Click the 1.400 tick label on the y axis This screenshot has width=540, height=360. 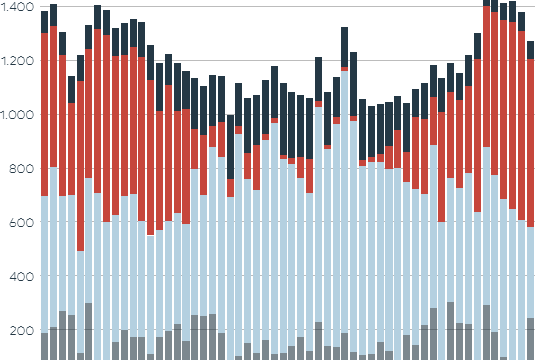[18, 7]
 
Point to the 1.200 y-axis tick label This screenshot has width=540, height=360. [18, 61]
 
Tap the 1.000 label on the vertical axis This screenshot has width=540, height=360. [18, 115]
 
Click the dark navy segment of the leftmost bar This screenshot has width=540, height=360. [44, 22]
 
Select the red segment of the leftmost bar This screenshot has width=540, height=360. [44, 115]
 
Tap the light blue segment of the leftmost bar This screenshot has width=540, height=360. [44, 264]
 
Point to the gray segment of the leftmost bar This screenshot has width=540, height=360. [44, 346]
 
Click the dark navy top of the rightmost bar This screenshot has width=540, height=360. [531, 50]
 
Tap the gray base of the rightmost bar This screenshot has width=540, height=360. [531, 339]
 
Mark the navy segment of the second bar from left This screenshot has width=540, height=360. [53, 15]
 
